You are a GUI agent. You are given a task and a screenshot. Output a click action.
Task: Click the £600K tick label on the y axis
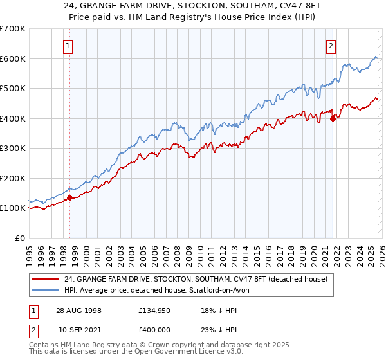[12, 59]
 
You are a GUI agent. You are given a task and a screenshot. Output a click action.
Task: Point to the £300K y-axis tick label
[12, 148]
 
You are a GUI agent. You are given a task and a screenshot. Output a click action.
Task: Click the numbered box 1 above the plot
[68, 45]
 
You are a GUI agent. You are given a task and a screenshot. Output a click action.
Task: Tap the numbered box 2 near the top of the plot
[331, 45]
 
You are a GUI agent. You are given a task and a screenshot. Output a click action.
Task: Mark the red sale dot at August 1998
[70, 197]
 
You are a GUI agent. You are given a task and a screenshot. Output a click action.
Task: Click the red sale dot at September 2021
[333, 118]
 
